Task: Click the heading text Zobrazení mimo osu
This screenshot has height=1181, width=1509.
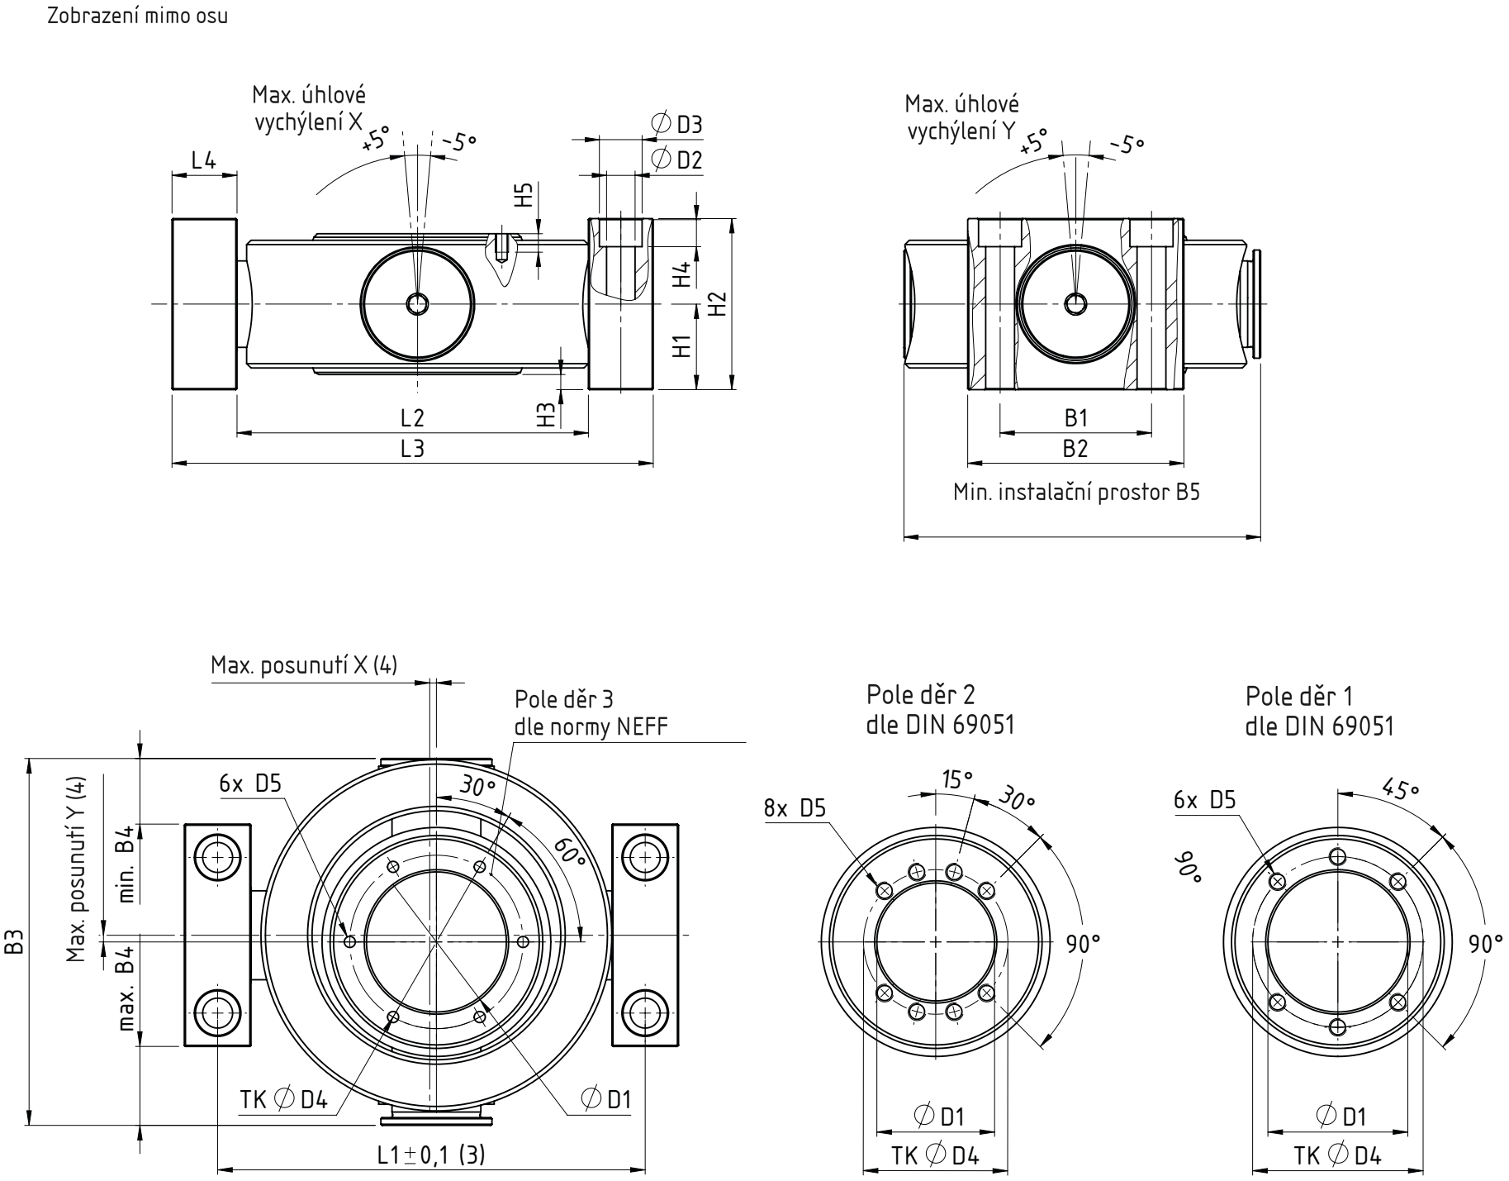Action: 138,17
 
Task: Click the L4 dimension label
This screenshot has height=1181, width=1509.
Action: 203,160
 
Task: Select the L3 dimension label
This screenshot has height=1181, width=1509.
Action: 412,449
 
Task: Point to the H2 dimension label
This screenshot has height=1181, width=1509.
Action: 718,304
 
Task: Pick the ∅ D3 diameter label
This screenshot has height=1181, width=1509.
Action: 676,125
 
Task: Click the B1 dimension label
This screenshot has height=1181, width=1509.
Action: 1075,418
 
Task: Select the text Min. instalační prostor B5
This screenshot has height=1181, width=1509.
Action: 1076,493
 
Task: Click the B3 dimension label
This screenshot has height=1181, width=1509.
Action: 15,941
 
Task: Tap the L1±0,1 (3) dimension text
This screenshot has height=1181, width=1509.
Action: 431,1154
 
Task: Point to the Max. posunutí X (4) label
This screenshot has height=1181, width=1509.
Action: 304,666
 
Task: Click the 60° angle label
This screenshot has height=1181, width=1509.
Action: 569,853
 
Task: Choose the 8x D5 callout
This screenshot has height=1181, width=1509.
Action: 795,808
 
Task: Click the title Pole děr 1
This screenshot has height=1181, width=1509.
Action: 1300,695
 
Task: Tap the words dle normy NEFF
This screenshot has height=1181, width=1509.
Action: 591,726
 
